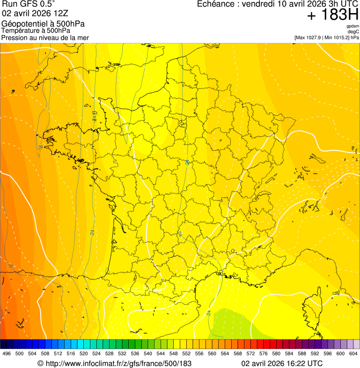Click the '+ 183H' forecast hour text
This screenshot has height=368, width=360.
coord(333,15)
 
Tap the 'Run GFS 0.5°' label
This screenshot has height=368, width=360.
coord(29,5)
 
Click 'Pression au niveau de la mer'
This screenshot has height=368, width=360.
coord(45,37)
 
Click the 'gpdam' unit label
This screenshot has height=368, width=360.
coord(353,26)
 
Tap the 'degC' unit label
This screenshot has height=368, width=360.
coord(353,31)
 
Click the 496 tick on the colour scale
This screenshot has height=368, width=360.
coord(7,353)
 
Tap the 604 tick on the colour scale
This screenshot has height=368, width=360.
coord(353,353)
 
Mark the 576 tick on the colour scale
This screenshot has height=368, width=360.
coord(264,353)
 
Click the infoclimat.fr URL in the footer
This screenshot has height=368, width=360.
coord(118,363)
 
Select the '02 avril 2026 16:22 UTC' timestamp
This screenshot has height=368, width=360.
coord(282,363)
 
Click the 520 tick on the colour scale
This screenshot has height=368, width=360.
coord(84,353)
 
